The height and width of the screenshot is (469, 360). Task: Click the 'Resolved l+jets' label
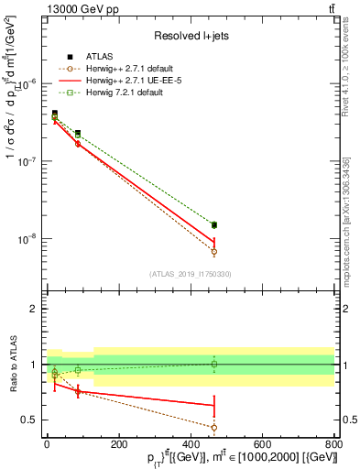coord(191,36)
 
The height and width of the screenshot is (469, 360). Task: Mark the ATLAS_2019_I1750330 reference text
coord(191,274)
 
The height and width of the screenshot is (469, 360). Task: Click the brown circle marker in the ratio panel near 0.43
coord(213,427)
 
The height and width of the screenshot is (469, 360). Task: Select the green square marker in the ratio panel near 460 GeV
coord(213,364)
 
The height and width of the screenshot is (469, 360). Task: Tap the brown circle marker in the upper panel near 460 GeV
coord(213,251)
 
